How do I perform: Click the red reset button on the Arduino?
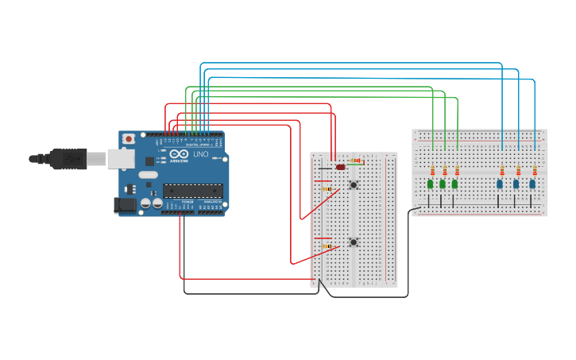[129, 139]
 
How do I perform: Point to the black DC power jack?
[124, 204]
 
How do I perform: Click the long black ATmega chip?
[193, 190]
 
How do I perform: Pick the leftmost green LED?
[431, 184]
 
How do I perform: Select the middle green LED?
[443, 184]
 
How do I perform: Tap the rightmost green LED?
[454, 184]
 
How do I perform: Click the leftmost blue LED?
[500, 184]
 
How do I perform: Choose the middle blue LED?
[516, 184]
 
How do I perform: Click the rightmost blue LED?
[532, 184]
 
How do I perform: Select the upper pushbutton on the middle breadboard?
[353, 185]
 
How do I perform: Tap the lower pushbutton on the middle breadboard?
[353, 242]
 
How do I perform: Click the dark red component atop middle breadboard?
[341, 167]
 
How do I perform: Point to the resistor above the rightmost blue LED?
[535, 171]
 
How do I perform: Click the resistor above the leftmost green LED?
[432, 171]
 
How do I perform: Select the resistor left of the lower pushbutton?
[327, 246]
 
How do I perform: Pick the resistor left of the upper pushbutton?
[327, 189]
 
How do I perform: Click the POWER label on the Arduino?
[187, 203]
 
